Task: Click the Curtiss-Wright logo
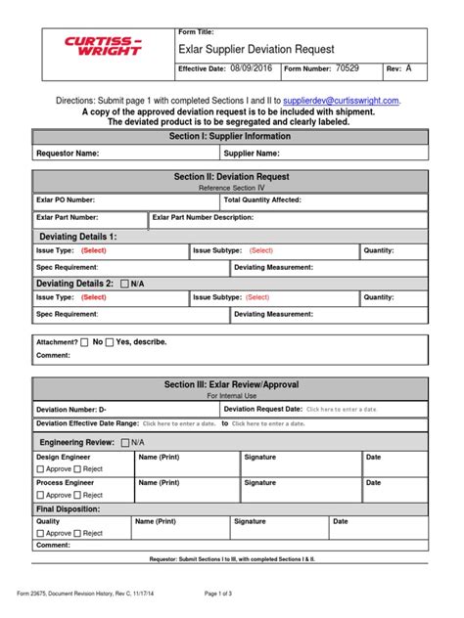pyautogui.click(x=103, y=47)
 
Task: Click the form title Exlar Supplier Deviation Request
pyautogui.click(x=256, y=49)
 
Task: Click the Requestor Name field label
pyautogui.click(x=68, y=154)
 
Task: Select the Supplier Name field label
pyautogui.click(x=253, y=154)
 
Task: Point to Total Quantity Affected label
pyautogui.click(x=262, y=199)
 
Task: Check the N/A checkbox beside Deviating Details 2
pyautogui.click(x=124, y=284)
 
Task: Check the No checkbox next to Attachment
pyautogui.click(x=85, y=342)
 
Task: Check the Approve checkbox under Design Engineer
pyautogui.click(x=41, y=468)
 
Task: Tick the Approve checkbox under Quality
pyautogui.click(x=41, y=533)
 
